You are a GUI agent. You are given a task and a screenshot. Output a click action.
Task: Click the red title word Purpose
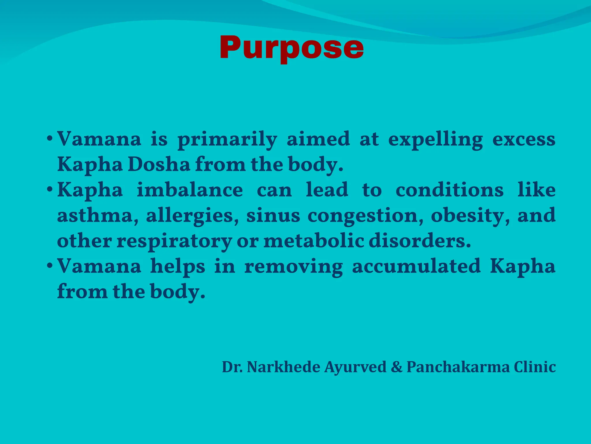tap(291, 48)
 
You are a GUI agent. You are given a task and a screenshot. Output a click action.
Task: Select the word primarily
tap(227, 139)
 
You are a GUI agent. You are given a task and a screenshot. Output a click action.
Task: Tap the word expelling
tap(435, 139)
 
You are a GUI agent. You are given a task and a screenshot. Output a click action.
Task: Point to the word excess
tap(524, 139)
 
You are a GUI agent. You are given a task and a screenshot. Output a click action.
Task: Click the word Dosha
tap(159, 164)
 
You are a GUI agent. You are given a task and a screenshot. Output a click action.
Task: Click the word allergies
tap(192, 216)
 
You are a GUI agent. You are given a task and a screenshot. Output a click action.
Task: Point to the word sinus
tap(273, 216)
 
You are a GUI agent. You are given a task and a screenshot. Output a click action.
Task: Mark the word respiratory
tap(174, 241)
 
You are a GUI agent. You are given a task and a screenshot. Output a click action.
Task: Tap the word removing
tap(293, 267)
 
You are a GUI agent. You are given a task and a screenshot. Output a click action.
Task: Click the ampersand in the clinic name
tap(397, 367)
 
